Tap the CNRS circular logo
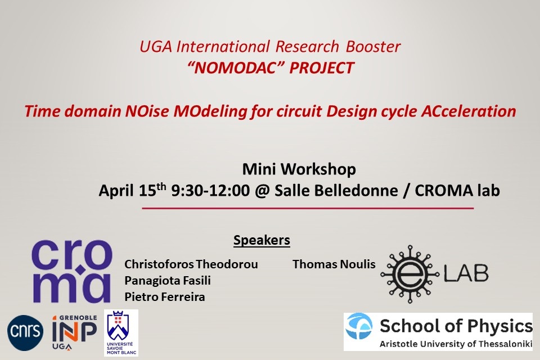(25, 333)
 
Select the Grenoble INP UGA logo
(74, 333)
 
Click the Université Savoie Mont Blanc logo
(121, 333)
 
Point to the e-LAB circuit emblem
(409, 274)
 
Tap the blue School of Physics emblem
(359, 326)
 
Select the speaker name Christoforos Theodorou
(191, 264)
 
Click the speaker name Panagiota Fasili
(168, 281)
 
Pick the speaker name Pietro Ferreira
(165, 297)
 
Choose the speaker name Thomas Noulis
(334, 264)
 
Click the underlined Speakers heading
(262, 240)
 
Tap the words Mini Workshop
(299, 169)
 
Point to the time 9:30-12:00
(210, 191)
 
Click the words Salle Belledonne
(336, 191)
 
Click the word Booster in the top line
(373, 47)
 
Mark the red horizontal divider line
(308, 208)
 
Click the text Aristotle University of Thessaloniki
(456, 344)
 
